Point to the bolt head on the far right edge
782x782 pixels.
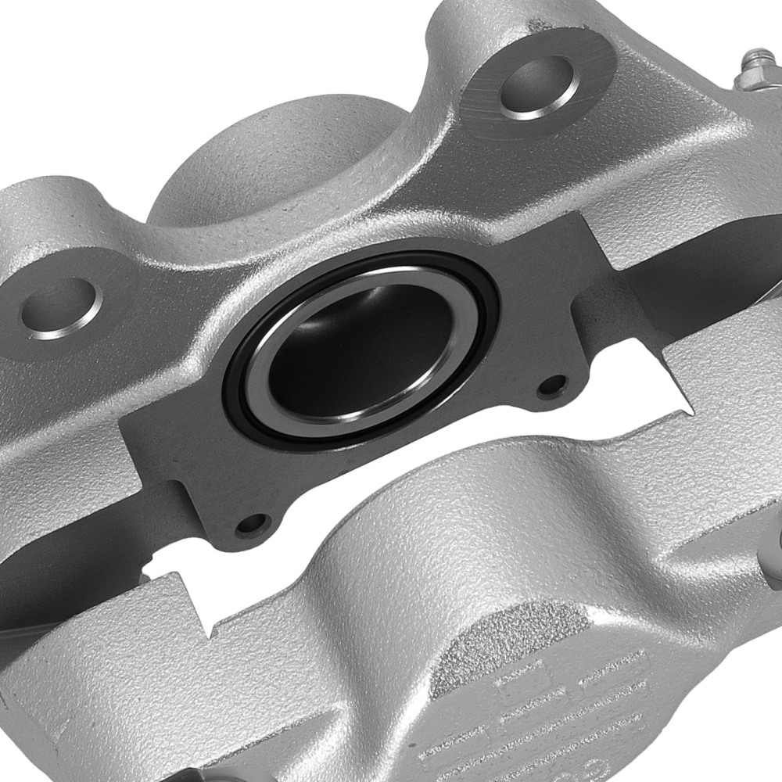(774, 547)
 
